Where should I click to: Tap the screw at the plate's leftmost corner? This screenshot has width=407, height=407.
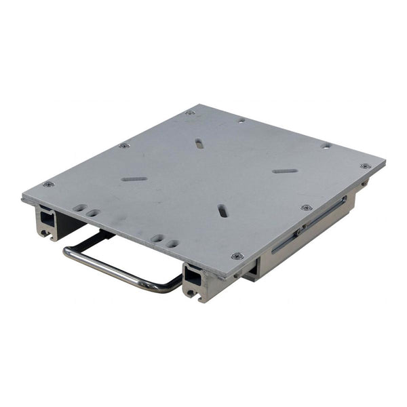[x=48, y=184]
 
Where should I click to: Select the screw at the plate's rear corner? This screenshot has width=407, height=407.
[x=190, y=112]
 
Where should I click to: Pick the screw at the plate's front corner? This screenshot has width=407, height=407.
[x=237, y=256]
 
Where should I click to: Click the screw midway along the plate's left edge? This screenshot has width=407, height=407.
[x=123, y=145]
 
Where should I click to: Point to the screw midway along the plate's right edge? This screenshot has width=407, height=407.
[x=307, y=208]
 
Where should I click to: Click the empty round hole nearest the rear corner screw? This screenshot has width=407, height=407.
[x=241, y=120]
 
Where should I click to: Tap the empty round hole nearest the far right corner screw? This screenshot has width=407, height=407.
[x=326, y=146]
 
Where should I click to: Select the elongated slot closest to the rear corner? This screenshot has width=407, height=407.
[x=198, y=143]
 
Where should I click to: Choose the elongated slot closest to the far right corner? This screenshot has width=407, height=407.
[x=286, y=170]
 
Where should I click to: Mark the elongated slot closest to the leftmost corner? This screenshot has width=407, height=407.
[x=134, y=179]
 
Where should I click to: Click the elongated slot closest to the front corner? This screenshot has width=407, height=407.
[x=222, y=210]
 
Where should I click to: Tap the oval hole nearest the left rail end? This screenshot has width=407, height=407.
[x=80, y=208]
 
